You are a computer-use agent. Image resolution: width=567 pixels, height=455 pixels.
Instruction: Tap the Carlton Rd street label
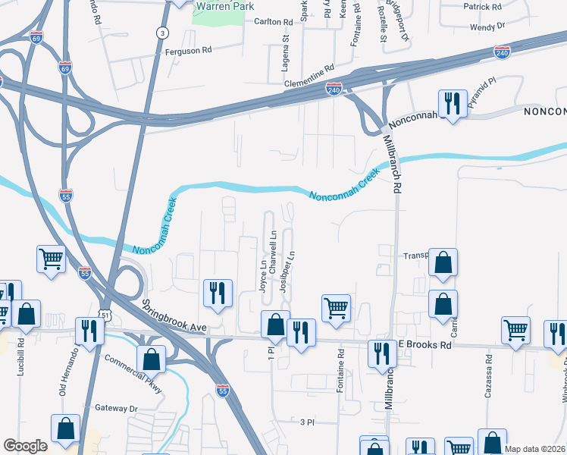274,22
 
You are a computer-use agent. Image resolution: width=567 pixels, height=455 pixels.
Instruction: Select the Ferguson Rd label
188,51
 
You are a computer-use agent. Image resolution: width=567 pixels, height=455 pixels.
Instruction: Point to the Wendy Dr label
487,27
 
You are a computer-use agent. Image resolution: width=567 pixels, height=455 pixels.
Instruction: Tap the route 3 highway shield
161,32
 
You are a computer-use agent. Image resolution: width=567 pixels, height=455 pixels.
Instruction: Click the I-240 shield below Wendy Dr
501,52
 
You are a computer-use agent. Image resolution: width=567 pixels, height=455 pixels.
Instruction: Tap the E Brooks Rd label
425,344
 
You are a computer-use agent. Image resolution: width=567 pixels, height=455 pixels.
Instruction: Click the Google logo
25,446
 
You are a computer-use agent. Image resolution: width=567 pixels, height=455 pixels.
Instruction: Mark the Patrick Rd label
482,6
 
